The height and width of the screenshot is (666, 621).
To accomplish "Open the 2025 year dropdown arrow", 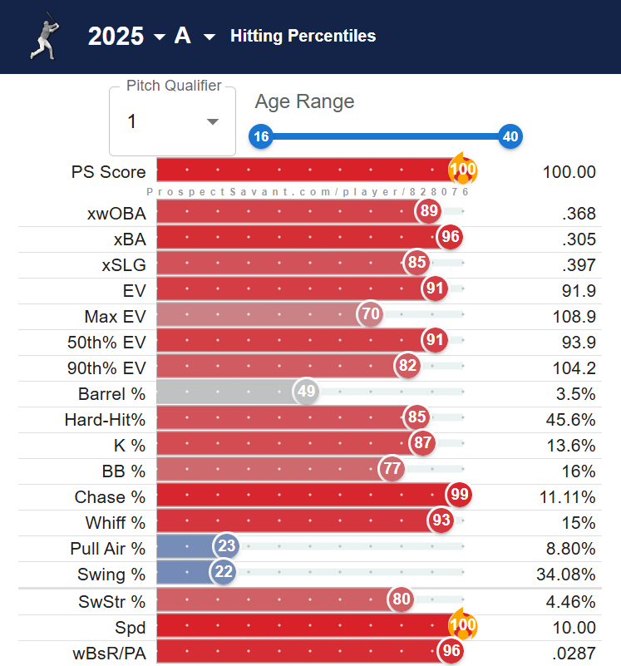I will (x=160, y=37).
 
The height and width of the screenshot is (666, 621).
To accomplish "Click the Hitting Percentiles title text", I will (x=303, y=36).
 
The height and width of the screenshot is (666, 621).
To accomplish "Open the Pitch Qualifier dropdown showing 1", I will (x=173, y=121).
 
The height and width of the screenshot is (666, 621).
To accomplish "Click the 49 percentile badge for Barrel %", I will (x=307, y=393).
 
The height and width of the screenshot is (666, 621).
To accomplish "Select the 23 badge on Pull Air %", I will (x=225, y=548).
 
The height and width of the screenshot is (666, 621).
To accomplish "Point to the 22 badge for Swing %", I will (x=223, y=574).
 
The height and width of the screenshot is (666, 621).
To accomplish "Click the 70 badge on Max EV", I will (x=371, y=316).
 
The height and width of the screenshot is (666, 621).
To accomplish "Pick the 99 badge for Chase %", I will (x=459, y=496).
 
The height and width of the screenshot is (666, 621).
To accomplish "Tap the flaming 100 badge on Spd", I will (x=462, y=625).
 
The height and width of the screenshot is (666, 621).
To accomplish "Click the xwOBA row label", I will (x=116, y=213).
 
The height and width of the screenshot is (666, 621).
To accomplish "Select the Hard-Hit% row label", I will (x=105, y=419).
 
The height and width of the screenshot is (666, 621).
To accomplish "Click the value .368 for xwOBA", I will (x=579, y=213).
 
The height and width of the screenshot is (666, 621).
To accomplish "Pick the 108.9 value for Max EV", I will (x=574, y=316).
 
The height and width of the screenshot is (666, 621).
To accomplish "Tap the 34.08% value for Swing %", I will (x=567, y=574).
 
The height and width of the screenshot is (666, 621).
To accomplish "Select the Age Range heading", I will (x=304, y=101).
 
